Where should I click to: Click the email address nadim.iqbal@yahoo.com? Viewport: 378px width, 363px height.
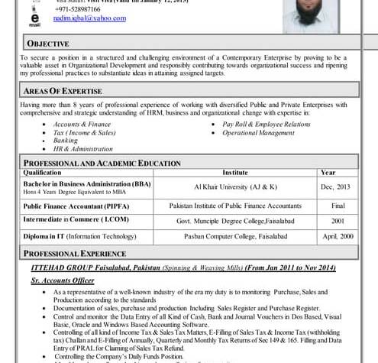(95, 19)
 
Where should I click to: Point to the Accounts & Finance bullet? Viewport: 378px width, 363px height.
(82, 124)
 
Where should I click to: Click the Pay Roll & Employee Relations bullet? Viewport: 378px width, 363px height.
(266, 124)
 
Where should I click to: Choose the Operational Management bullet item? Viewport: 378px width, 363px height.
(258, 132)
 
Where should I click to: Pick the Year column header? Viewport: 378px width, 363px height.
(328, 173)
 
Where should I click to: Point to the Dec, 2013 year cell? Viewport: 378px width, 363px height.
(336, 186)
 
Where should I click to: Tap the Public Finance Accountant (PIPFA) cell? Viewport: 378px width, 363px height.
(76, 206)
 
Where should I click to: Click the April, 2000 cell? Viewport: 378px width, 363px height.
(337, 236)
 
